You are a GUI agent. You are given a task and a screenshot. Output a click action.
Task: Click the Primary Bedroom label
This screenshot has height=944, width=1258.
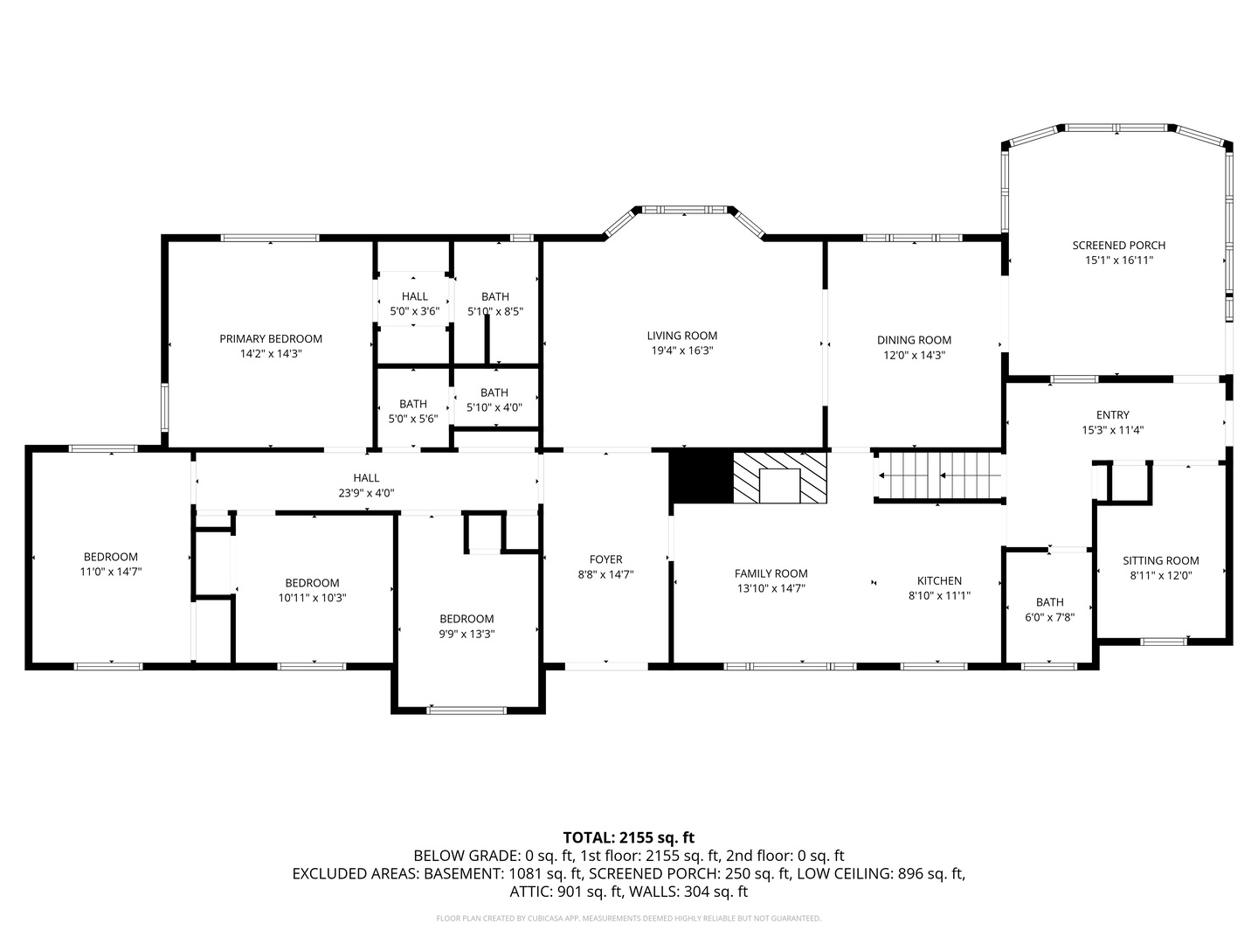pos(271,339)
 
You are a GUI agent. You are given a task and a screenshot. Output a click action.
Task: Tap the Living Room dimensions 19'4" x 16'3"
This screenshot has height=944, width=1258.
pos(681,351)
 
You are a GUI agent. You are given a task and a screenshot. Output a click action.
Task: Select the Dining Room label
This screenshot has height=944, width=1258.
pos(914,340)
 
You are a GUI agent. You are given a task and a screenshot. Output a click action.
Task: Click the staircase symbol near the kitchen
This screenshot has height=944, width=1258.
pos(939,476)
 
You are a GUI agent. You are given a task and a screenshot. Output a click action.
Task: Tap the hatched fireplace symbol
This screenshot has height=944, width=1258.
pos(779,478)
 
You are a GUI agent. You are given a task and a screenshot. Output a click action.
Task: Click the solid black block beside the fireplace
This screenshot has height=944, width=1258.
pos(701,477)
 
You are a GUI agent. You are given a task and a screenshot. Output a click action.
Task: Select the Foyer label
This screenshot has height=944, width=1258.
pos(605,559)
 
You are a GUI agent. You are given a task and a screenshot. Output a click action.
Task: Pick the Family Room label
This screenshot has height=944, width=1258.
pos(771,573)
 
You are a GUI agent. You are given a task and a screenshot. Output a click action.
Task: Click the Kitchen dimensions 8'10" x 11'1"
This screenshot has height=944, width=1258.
pos(939,595)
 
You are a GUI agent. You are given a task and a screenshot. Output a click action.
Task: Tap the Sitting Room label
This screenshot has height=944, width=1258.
pos(1160,560)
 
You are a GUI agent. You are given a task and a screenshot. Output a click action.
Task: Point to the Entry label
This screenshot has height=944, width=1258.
pos(1112,415)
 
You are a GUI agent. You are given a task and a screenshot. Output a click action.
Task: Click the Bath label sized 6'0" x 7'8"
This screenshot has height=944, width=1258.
pos(1049,602)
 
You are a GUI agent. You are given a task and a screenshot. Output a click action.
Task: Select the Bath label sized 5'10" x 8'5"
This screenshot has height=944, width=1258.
pos(494,296)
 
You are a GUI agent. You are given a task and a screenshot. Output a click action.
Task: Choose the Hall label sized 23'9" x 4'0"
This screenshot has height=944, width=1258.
pos(366,477)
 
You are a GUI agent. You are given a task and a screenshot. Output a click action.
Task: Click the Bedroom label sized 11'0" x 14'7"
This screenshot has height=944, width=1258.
pos(110,557)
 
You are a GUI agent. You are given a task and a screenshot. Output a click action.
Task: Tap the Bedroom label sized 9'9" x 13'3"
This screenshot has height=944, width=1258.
pos(467,618)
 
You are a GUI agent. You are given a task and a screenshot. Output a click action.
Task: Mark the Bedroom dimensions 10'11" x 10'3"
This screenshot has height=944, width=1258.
pos(312,598)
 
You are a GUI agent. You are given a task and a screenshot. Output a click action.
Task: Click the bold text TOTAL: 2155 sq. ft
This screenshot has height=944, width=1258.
pos(628,837)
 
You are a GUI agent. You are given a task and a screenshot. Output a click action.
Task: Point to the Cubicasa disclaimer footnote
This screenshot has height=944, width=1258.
pos(628,919)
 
